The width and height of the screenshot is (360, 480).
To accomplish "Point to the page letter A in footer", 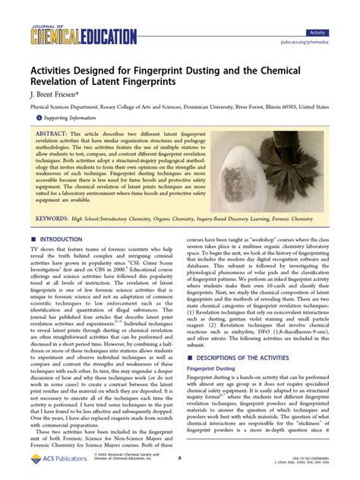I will click(178, 459).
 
